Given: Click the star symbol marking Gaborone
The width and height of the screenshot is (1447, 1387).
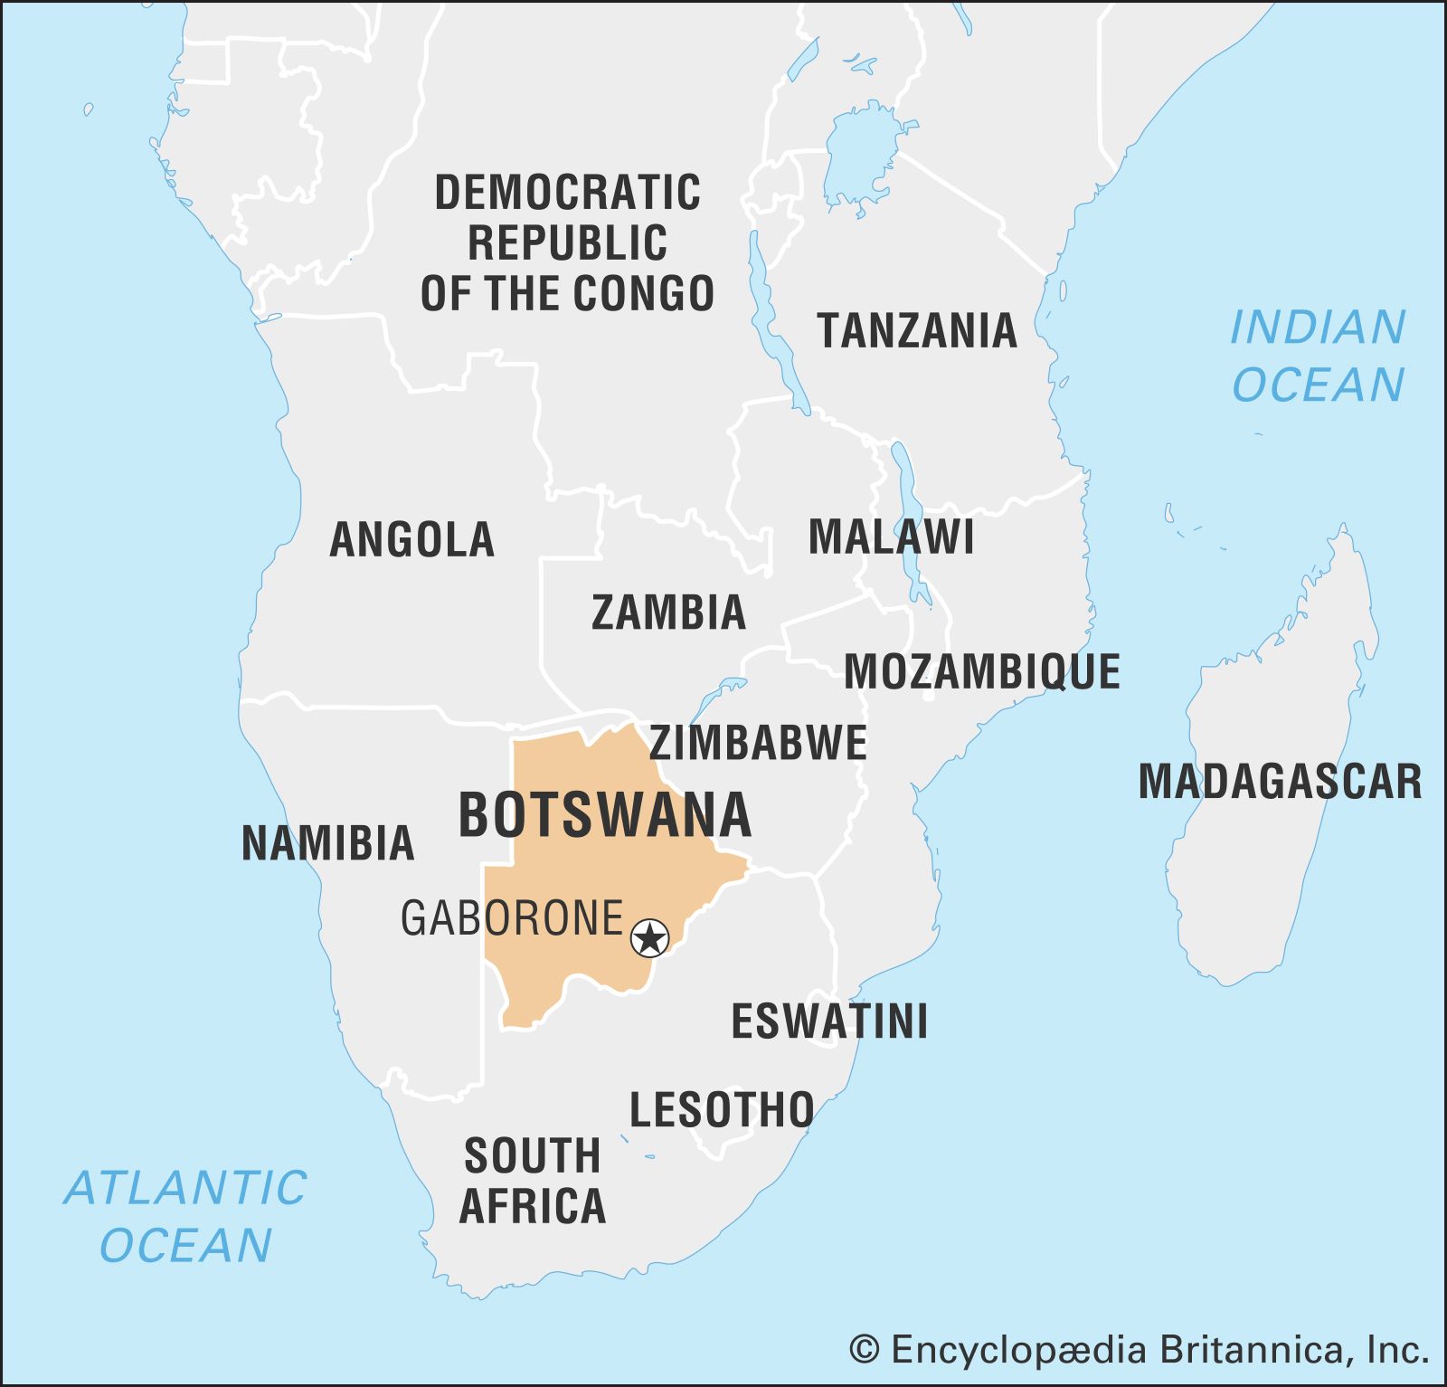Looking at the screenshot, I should coord(649,937).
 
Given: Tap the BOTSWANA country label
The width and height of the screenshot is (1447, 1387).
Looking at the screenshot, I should coord(605,814).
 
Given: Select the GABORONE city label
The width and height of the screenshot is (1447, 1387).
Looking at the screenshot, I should coord(512,917).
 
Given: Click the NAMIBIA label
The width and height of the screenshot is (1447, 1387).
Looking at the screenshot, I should coord(327,843).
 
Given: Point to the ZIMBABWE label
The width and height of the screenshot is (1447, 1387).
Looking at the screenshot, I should coord(758,743).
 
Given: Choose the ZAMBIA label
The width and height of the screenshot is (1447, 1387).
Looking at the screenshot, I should coord(668,613).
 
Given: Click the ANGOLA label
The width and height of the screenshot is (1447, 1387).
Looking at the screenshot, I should coord(411,540).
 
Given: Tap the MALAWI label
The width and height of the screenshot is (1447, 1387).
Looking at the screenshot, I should coord(891,537).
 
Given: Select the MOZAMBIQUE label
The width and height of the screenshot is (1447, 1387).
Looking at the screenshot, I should coord(981,672).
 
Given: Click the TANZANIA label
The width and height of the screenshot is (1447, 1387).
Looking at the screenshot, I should coord(917,330).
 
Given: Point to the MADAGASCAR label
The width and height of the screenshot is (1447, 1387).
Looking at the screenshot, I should coord(1279,782).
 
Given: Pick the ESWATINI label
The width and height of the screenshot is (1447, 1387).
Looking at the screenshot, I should coord(829,1021).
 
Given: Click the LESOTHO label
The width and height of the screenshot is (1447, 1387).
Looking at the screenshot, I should coord(722,1109).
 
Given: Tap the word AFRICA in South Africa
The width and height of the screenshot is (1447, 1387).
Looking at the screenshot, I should coord(533,1206).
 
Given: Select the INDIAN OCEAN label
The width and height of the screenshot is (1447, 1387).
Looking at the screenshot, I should coord(1318,356).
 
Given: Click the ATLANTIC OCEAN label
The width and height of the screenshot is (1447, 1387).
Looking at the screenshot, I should coord(186,1216).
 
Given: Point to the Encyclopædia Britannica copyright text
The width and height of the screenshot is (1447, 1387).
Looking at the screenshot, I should coord(1139,1351).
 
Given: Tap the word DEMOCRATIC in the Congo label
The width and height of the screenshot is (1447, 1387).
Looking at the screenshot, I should coord(567,193).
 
